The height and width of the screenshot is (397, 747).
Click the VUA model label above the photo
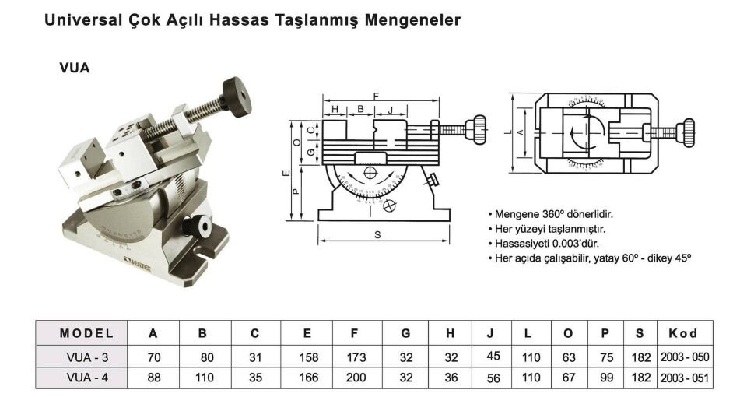click(x=75, y=68)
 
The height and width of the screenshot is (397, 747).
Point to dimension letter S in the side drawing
click(x=377, y=235)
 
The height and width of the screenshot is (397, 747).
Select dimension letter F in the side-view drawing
click(x=376, y=95)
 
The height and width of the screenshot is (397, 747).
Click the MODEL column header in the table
click(x=86, y=333)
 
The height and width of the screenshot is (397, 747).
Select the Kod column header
click(x=682, y=333)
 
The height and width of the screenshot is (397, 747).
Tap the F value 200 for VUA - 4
click(x=354, y=378)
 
